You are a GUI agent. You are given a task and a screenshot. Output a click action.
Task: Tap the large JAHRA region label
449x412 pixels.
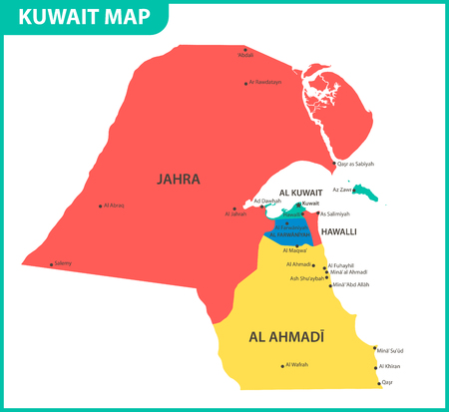179,180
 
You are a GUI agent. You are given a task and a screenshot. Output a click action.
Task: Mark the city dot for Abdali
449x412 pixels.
245,48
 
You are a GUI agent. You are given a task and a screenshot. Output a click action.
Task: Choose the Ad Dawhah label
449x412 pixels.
268,201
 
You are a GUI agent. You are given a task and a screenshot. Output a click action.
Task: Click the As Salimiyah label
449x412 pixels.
337,213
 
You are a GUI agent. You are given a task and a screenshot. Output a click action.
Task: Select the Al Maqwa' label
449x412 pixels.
297,249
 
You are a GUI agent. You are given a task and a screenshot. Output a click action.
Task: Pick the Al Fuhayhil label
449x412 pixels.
341,265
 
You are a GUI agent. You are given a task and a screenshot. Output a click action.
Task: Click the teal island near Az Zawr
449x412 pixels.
372,193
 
